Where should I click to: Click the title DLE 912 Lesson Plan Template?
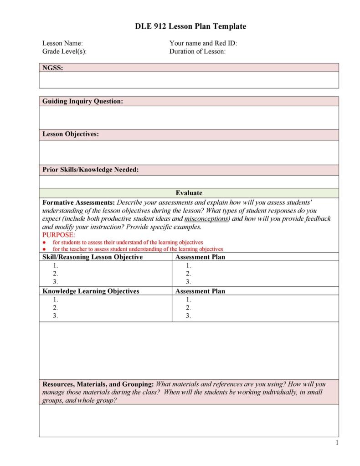pos(190,26)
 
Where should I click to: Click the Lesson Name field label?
pos(62,43)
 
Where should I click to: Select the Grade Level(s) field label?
pos(64,51)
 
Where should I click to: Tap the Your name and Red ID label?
pos(203,43)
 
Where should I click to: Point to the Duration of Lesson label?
pos(197,51)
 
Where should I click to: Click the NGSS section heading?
pos(52,67)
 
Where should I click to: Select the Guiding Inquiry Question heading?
pos(82,101)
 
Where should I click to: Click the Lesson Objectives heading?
pos(71,134)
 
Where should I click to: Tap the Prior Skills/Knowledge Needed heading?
pos(90,170)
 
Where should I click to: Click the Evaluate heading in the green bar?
pos(189,193)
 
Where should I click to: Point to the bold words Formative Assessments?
pos(78,202)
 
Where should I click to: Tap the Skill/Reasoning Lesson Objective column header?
pos(93,257)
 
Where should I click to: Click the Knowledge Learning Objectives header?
pos(91,291)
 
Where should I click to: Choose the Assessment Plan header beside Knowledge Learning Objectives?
pos(200,291)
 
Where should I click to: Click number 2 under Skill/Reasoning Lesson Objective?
pos(55,274)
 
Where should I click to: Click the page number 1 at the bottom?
pos(336,442)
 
